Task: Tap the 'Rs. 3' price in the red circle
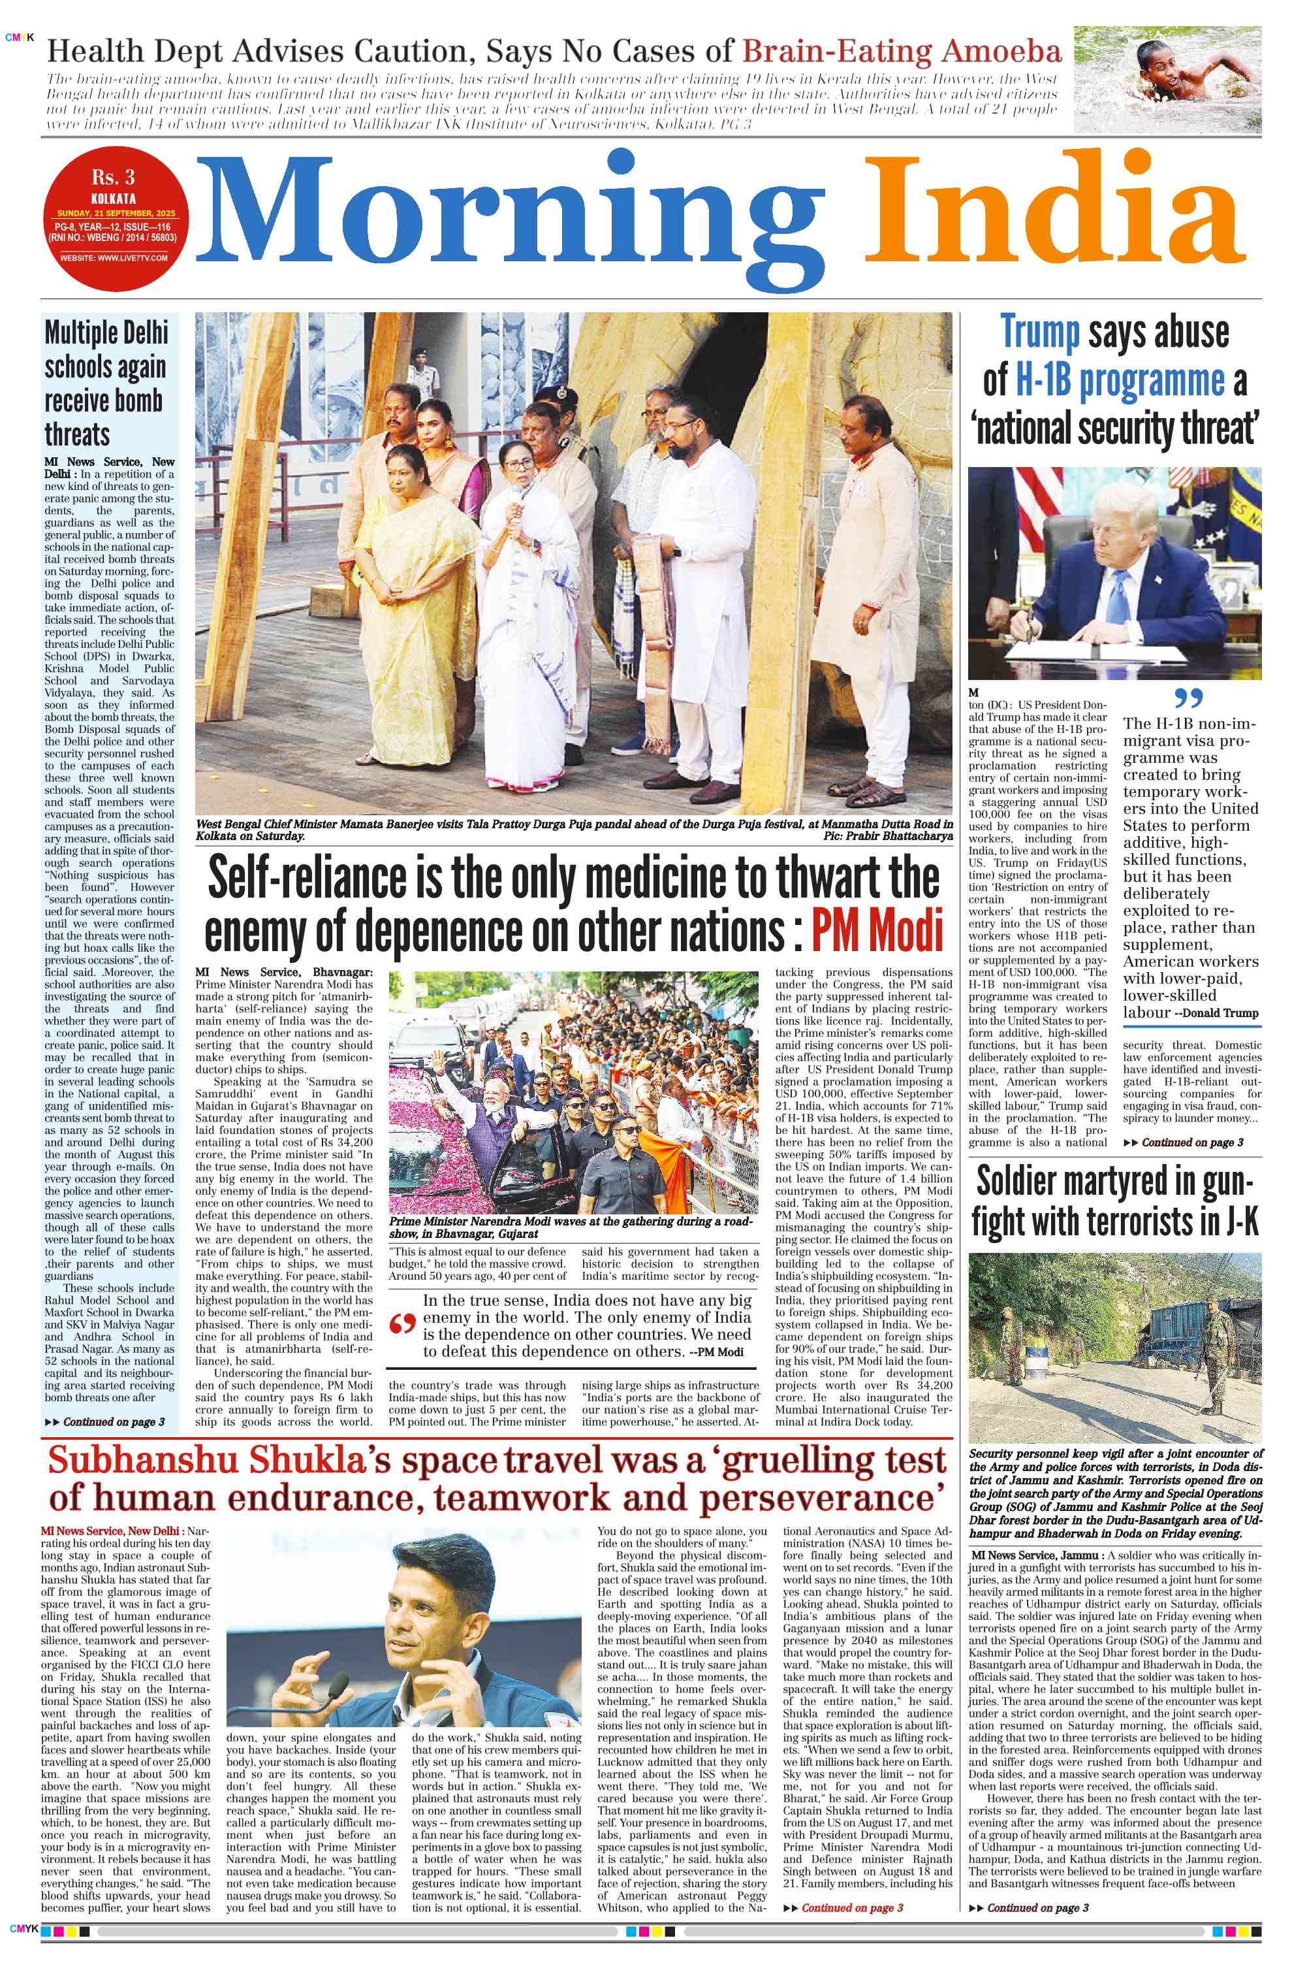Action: (x=114, y=178)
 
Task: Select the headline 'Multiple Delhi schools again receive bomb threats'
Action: (x=106, y=383)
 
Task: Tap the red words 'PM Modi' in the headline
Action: (x=876, y=932)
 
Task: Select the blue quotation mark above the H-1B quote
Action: (x=1187, y=698)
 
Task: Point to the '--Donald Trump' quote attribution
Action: (x=1216, y=1013)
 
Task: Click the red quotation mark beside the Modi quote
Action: (x=403, y=1325)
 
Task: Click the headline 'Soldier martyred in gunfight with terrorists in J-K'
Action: (x=1114, y=1202)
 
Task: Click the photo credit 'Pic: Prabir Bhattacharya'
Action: (x=888, y=835)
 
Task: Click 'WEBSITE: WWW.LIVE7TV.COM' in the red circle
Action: (x=114, y=257)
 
